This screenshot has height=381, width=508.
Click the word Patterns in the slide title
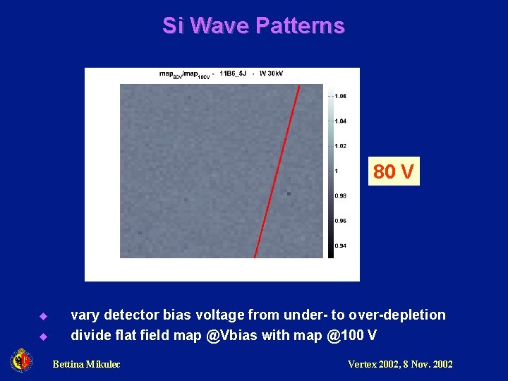pos(300,26)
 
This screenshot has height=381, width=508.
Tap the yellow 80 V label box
pos(394,171)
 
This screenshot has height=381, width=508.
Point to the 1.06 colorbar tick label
pos(340,96)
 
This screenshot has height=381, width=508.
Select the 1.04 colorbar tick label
pos(340,121)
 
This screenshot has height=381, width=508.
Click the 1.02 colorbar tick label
pos(340,146)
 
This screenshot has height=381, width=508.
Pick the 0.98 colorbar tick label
pos(340,195)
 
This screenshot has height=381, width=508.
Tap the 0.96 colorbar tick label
pos(340,221)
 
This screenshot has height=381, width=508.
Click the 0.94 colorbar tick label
pos(340,246)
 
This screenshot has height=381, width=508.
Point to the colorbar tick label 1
pos(337,171)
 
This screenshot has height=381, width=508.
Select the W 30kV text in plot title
pos(272,73)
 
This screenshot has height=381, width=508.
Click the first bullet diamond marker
pos(42,315)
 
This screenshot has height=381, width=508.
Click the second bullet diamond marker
pos(42,336)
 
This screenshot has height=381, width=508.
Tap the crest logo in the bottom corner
pos(21,361)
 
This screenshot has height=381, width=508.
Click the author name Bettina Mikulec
pos(86,364)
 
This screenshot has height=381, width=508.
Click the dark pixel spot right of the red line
pos(289,192)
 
